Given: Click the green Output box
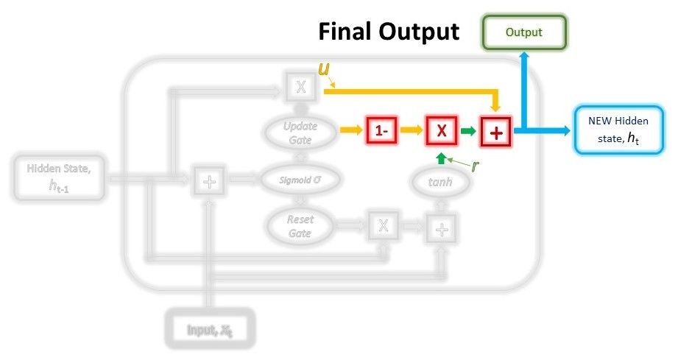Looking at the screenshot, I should [523, 33].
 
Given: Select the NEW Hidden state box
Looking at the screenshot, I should [618, 130].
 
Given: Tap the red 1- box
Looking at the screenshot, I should [381, 132].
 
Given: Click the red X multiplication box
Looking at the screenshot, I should [441, 132].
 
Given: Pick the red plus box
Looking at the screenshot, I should [497, 133].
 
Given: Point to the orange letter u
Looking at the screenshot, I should [323, 69].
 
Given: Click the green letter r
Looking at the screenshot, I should [475, 166].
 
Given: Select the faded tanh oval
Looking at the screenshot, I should [440, 181].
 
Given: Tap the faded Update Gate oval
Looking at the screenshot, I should [300, 133].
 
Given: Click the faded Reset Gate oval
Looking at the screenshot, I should [300, 227].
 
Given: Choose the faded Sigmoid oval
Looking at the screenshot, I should [300, 179].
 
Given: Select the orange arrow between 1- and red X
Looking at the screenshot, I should [412, 132].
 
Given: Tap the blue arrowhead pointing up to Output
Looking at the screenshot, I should [523, 57].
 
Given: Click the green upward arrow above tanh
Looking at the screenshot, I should [440, 158].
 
